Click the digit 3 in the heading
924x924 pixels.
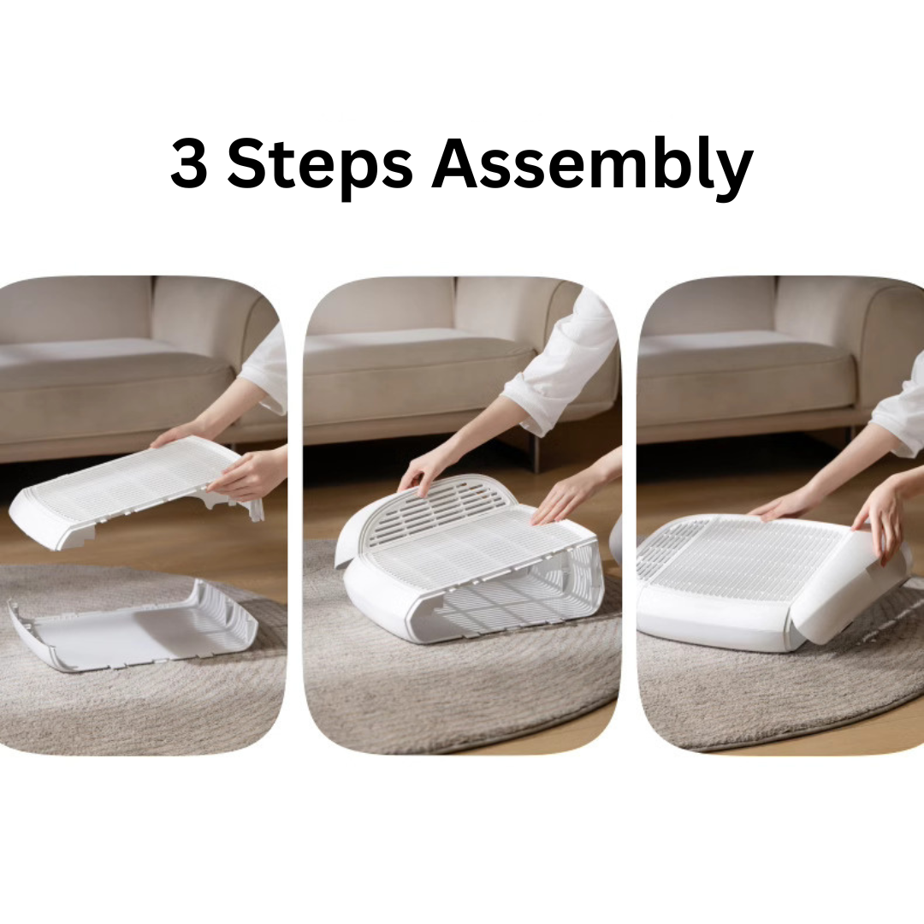click(190, 163)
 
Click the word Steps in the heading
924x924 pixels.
click(319, 166)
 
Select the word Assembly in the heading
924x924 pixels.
click(592, 165)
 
